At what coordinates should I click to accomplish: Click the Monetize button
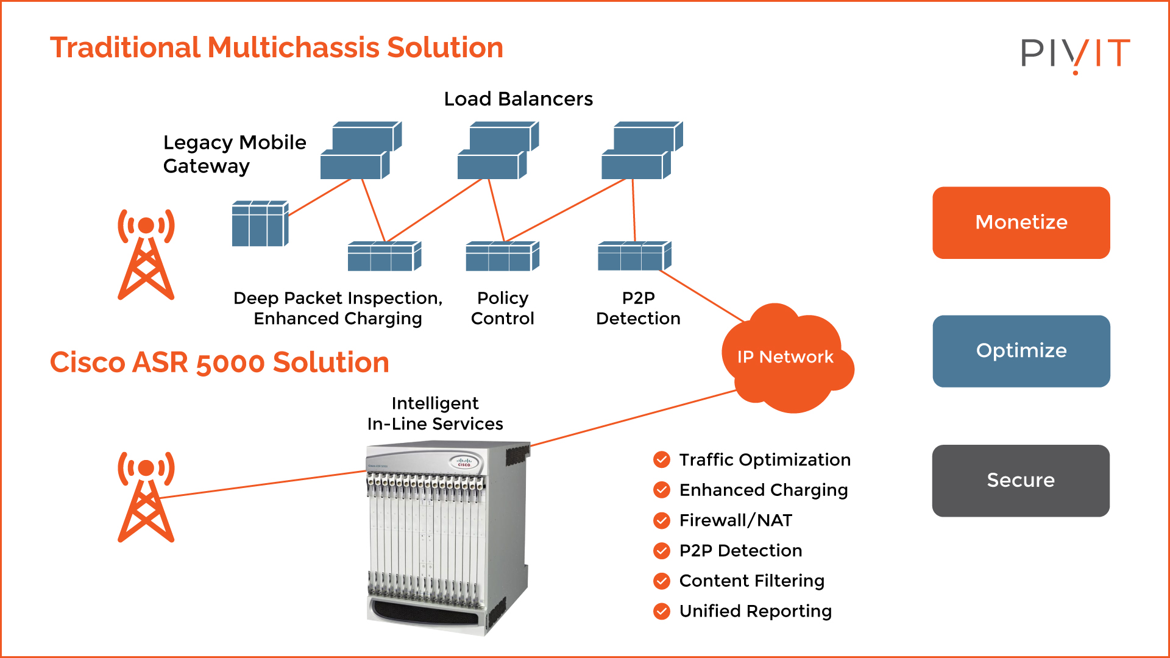pos(1021,222)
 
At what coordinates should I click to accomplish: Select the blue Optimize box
pos(1021,351)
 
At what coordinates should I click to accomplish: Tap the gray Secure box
pos(1021,480)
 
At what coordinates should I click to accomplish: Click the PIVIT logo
pos(1075,54)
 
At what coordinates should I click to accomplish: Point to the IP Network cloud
pos(786,358)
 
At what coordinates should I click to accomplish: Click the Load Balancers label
pos(518,99)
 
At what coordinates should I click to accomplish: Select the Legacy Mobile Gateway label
pos(235,154)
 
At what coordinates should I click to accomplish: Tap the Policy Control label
pos(502,308)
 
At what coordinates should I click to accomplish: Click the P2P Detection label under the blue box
pos(638,308)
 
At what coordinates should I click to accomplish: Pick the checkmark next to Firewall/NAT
pos(662,520)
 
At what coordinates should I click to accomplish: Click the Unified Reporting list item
pos(755,611)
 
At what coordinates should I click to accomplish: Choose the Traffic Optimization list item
pos(765,460)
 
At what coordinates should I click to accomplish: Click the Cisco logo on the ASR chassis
pos(464,462)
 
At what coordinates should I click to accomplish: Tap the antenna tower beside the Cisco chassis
pos(146,497)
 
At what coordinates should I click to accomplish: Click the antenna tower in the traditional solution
pos(146,254)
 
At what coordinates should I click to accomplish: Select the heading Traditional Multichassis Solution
pos(277,48)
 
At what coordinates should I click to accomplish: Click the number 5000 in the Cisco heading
pos(230,363)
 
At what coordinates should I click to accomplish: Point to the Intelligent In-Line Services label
pos(435,414)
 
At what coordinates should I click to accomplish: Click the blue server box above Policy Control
pos(502,256)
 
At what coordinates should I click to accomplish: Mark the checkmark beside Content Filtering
pos(662,581)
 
